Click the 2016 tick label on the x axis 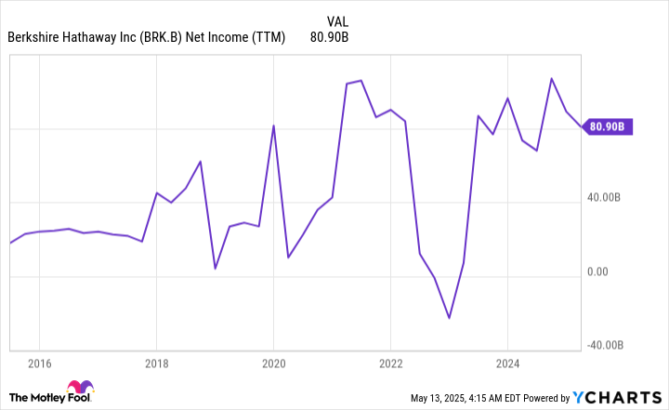(38, 362)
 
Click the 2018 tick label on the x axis (156, 362)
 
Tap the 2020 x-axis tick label (273, 362)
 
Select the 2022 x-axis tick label (390, 362)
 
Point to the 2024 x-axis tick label (507, 362)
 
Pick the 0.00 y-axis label (600, 271)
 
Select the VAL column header (338, 20)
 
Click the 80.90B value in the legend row (329, 38)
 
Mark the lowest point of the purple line (449, 318)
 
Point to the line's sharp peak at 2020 (273, 126)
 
